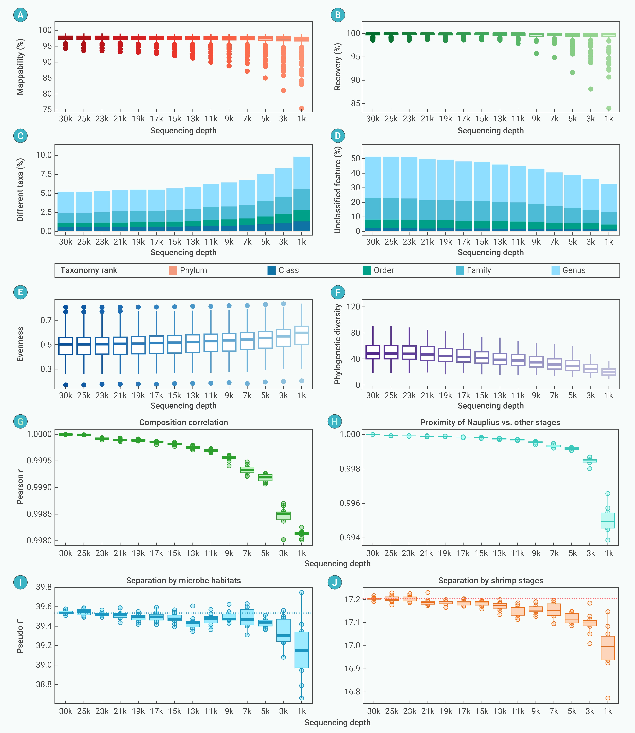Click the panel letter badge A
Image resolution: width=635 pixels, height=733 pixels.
[20, 15]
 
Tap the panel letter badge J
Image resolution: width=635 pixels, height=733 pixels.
[334, 582]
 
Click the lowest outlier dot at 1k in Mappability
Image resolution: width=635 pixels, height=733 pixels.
[302, 108]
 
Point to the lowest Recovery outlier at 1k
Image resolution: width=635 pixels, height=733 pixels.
[609, 108]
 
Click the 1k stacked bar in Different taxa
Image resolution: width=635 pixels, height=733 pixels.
[302, 194]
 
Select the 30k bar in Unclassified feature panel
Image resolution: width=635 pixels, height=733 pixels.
[373, 194]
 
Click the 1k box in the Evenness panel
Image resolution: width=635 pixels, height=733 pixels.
[302, 335]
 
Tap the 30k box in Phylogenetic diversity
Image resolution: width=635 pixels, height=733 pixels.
[373, 352]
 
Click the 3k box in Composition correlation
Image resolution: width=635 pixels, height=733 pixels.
[283, 516]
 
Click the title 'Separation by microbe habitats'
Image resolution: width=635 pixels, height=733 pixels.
[184, 581]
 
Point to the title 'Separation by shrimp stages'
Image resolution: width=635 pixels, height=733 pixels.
[490, 581]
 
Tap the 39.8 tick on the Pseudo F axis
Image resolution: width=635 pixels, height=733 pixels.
[44, 587]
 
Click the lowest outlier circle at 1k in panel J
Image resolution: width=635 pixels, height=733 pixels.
[608, 698]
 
